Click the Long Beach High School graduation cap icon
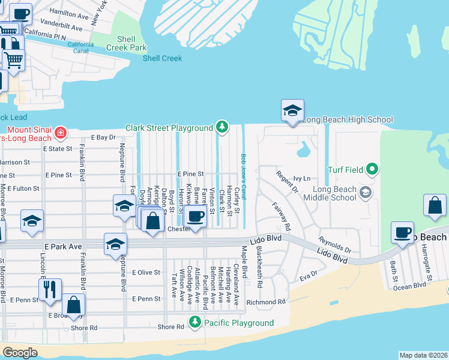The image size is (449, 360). tap(292, 111)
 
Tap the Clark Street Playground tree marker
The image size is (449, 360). tap(223, 127)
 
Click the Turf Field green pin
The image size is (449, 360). tap(373, 170)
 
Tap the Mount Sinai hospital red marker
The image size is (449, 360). tap(60, 132)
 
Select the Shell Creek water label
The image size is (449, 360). tap(162, 58)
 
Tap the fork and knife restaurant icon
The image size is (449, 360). tap(50, 289)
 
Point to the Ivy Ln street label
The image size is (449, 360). tap(302, 179)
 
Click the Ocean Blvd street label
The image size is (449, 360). tap(411, 287)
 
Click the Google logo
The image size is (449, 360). tap(20, 352)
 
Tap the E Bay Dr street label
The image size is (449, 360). tap(103, 137)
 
